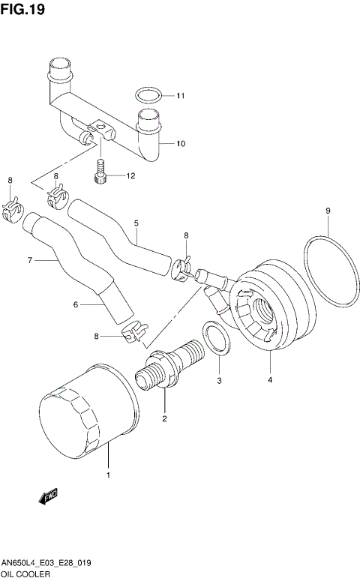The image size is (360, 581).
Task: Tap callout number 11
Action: pyautogui.click(x=180, y=96)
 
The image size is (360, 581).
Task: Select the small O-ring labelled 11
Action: pyautogui.click(x=148, y=95)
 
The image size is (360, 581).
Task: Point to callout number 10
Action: pyautogui.click(x=180, y=143)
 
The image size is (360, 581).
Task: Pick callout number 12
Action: pyautogui.click(x=130, y=177)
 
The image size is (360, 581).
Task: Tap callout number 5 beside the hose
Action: pyautogui.click(x=136, y=223)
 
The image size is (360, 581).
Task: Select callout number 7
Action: pyautogui.click(x=30, y=261)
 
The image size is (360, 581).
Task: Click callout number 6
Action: pyautogui.click(x=75, y=304)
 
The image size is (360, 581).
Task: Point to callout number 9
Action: pyautogui.click(x=328, y=211)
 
